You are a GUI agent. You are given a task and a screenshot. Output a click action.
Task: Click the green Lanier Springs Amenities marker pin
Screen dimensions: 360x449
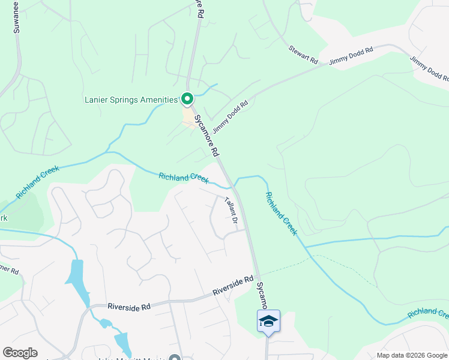click(x=187, y=98)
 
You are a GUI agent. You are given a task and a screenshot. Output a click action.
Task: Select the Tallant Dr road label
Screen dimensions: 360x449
click(x=232, y=211)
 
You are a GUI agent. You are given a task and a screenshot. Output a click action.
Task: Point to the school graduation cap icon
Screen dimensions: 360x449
click(x=269, y=322)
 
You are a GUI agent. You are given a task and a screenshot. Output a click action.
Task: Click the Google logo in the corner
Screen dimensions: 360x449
click(x=20, y=353)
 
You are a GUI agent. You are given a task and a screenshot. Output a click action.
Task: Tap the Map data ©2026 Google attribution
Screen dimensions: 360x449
click(x=411, y=355)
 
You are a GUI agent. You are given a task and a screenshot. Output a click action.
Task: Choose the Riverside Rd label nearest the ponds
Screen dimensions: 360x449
click(x=128, y=306)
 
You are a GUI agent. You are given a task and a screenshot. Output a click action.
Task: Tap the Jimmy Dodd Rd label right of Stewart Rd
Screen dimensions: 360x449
click(x=351, y=55)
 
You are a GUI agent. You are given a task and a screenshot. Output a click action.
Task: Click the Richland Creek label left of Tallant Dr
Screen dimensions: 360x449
click(x=184, y=178)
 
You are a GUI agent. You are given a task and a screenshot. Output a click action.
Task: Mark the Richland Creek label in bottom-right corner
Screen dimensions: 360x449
click(x=427, y=314)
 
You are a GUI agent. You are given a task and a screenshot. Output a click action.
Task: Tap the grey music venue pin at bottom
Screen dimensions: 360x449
click(x=175, y=358)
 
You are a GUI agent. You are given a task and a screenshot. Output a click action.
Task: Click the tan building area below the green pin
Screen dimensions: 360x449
click(x=190, y=117)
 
